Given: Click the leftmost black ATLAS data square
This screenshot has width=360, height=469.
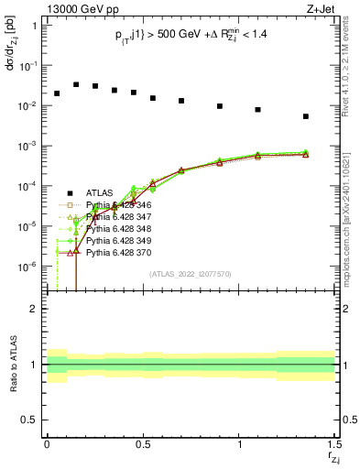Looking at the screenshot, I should [57, 93].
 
